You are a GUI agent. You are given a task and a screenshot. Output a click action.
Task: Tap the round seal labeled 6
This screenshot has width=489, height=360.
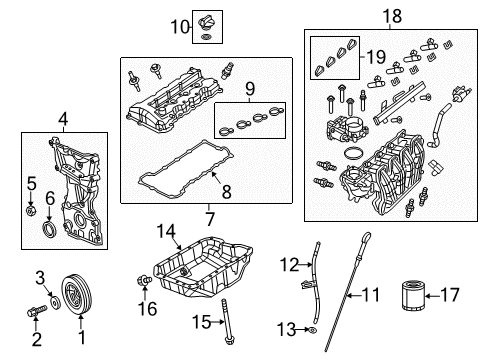[x=50, y=233]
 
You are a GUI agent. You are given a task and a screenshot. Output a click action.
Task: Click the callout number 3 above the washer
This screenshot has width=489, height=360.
[x=40, y=276]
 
